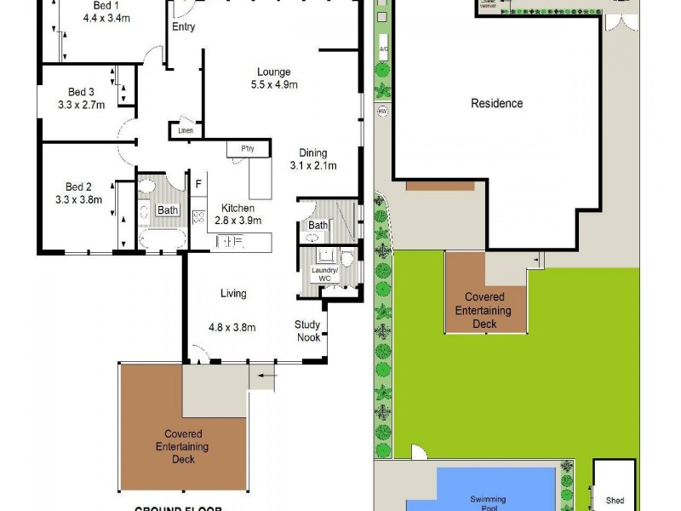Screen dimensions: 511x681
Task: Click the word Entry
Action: pos(183,27)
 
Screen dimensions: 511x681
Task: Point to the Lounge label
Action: pos(274,72)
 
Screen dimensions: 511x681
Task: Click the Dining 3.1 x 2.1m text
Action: pos(313,165)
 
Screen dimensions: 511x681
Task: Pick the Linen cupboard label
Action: pos(186,131)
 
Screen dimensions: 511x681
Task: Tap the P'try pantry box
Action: pos(248,149)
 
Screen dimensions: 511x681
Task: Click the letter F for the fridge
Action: pos(198,183)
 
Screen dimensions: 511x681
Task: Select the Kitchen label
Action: pos(237,208)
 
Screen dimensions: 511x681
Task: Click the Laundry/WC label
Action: pos(326,274)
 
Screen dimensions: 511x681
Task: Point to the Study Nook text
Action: pos(308,330)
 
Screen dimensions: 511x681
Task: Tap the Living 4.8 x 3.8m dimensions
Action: pos(232,326)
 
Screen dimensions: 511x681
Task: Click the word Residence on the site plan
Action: pos(497,104)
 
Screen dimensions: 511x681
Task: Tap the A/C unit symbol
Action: pos(383,49)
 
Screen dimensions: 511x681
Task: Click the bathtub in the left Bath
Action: pos(161,238)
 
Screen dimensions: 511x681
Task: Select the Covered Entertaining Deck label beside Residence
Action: pos(483,311)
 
